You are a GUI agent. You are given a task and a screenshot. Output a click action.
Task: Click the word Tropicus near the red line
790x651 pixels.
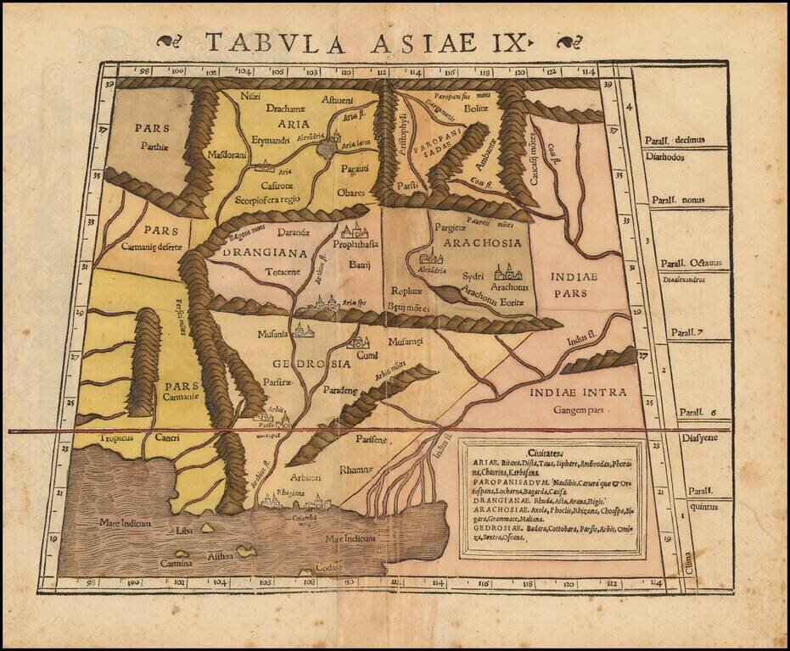95,438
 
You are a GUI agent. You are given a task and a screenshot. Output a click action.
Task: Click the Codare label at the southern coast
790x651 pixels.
327,567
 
